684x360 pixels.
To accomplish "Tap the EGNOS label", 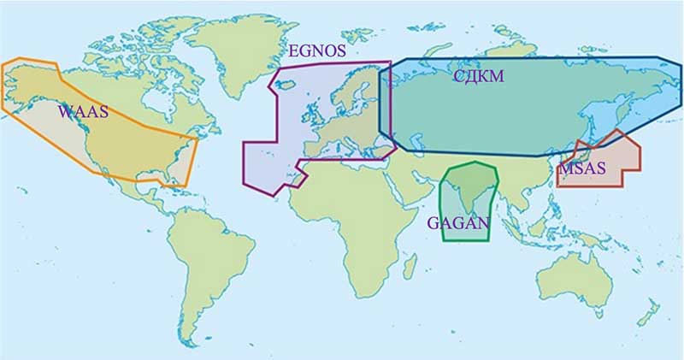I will click(x=317, y=51).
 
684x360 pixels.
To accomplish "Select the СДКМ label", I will click(x=478, y=76).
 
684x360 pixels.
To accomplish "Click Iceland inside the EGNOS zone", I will click(x=286, y=83).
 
